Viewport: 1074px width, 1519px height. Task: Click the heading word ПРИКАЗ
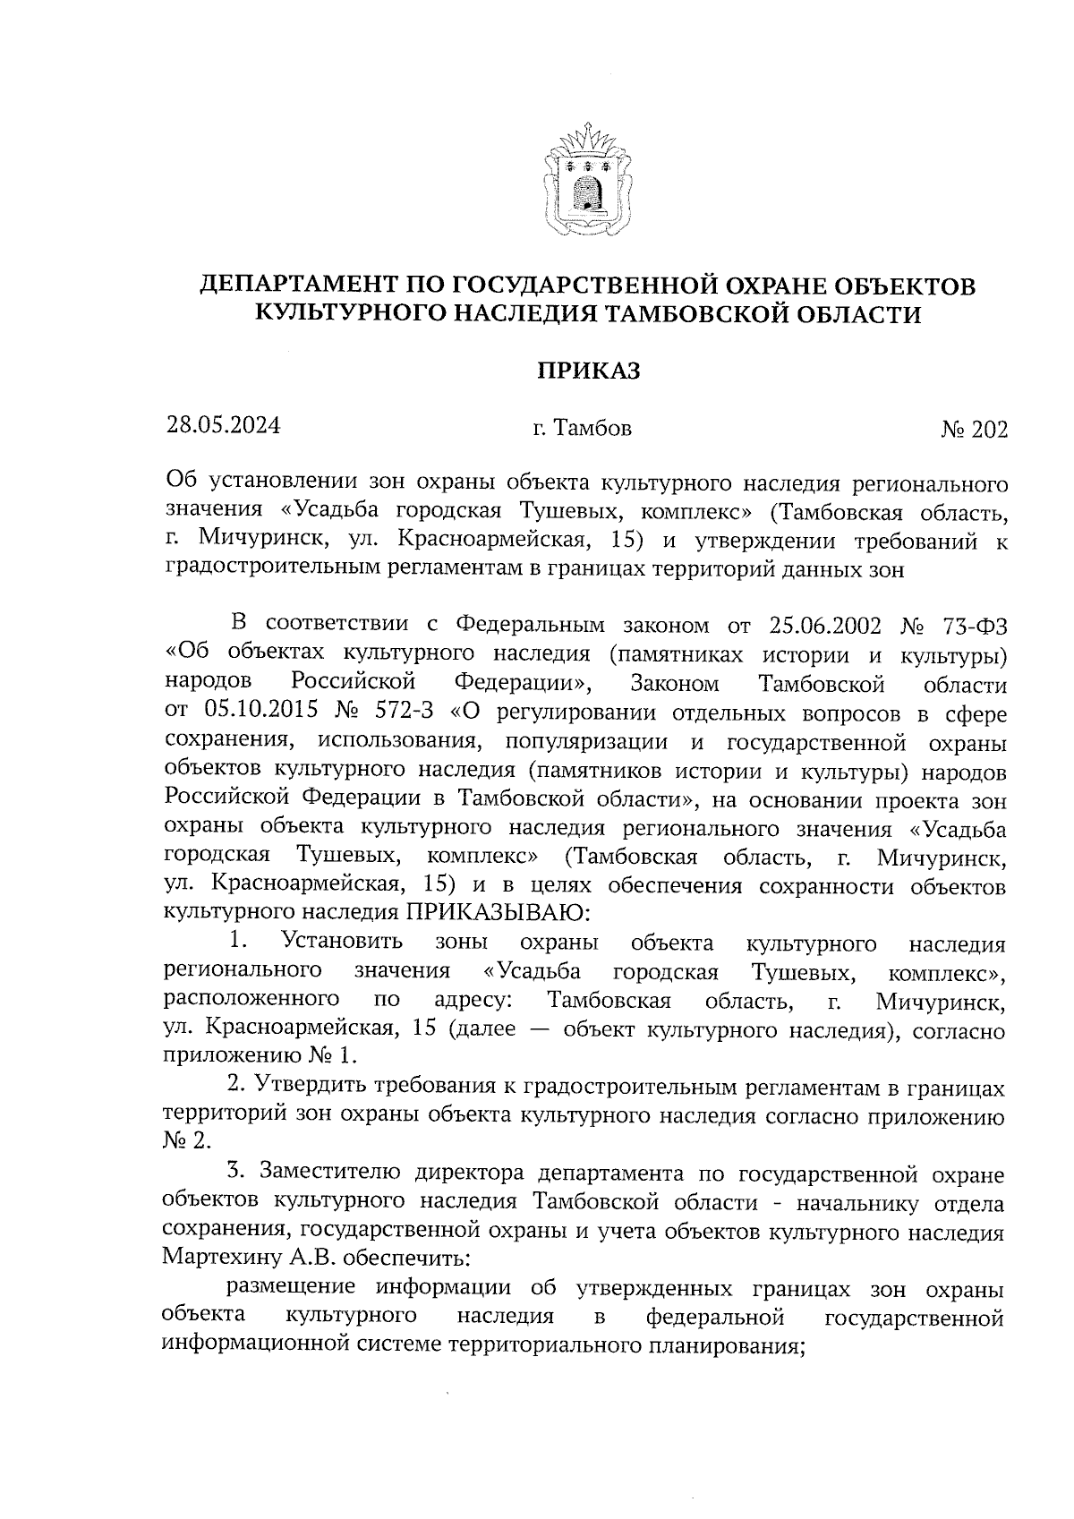[x=587, y=371]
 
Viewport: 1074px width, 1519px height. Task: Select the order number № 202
[x=973, y=431]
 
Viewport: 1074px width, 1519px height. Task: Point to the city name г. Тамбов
[x=582, y=429]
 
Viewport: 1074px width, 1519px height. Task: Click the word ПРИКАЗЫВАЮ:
[x=499, y=914]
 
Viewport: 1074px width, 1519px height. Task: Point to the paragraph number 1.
[x=237, y=942]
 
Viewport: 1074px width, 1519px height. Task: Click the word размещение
[x=293, y=1288]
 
